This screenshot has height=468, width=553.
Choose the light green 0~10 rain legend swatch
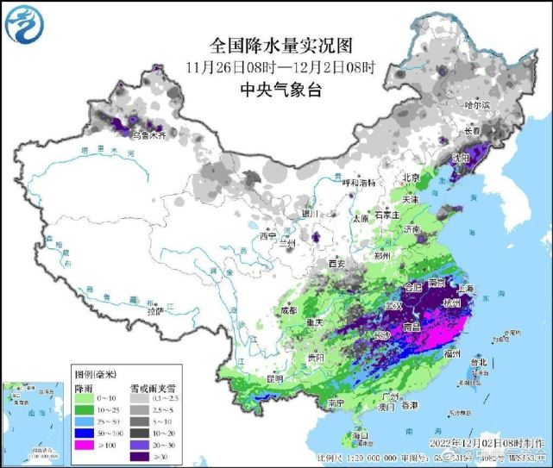85,390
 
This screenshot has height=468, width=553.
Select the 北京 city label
411,178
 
